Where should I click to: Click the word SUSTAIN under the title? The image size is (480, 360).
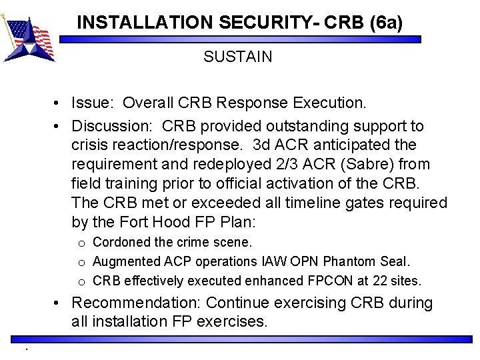pos(238,57)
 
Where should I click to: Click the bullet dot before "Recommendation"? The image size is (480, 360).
pos(61,304)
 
